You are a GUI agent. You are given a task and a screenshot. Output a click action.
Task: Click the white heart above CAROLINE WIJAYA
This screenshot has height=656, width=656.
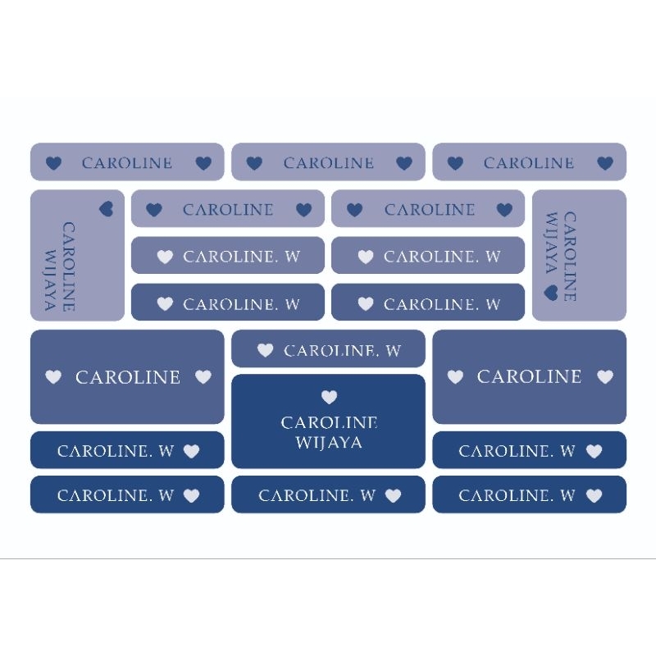[329, 398]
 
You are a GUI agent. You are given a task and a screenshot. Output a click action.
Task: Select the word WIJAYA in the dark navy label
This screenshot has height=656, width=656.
[329, 444]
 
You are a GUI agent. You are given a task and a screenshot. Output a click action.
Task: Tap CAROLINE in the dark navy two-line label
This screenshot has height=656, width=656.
[329, 423]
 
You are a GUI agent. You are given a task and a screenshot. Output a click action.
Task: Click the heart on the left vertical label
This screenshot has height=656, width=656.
[106, 209]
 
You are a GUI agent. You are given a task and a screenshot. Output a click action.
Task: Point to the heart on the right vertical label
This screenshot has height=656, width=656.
[551, 292]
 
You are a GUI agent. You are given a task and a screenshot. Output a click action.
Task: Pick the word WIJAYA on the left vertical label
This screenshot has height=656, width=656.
[51, 280]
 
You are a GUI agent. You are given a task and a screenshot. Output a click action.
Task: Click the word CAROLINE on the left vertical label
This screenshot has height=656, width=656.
[69, 266]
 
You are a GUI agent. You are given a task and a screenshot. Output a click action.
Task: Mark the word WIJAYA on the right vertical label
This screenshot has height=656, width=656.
[552, 244]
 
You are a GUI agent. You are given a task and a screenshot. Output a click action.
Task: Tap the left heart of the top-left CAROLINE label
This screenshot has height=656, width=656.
[53, 163]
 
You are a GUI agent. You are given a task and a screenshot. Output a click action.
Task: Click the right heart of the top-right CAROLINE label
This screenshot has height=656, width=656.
[605, 163]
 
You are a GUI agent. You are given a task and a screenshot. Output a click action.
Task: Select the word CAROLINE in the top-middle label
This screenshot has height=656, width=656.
[329, 163]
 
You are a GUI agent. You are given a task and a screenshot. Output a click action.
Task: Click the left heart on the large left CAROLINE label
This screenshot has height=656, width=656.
[53, 377]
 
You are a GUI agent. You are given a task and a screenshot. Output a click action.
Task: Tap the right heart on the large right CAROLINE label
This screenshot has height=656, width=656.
[605, 376]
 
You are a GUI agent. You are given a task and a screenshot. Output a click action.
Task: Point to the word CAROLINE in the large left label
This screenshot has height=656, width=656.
[127, 377]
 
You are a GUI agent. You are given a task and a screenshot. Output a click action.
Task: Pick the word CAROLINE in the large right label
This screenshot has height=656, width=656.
[529, 376]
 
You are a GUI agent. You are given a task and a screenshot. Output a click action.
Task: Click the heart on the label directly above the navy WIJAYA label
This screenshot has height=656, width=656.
[265, 351]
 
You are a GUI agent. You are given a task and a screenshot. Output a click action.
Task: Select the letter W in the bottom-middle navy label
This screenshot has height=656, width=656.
[367, 495]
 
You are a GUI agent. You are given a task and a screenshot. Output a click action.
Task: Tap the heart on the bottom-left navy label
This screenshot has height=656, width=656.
[191, 495]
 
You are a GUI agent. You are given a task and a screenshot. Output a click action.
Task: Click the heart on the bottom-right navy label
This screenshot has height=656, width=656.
[594, 495]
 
